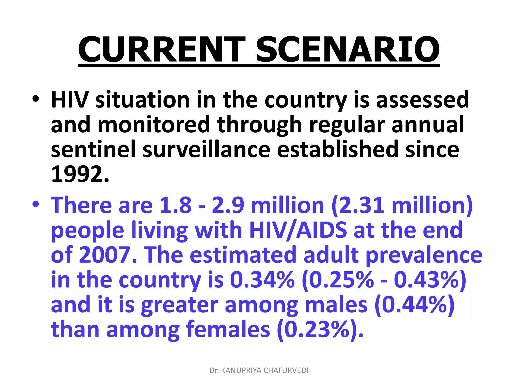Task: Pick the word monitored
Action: [154, 125]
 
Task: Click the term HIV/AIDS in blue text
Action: [298, 230]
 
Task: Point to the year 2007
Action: [104, 255]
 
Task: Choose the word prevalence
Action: [424, 255]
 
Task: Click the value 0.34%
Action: [262, 280]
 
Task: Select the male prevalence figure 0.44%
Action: [415, 305]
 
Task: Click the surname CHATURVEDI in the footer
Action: [286, 370]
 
